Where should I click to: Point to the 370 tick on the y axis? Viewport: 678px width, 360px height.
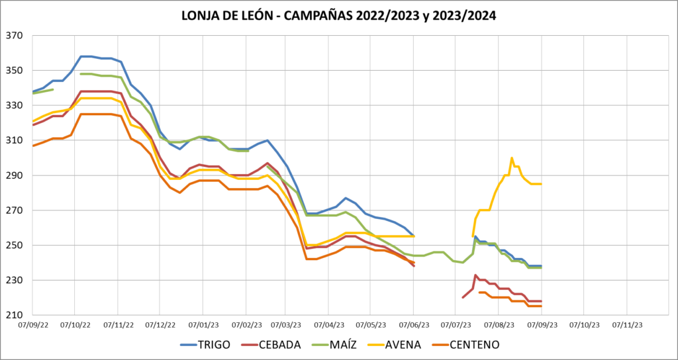click(x=14, y=36)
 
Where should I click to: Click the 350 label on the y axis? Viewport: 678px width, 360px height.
click(x=14, y=71)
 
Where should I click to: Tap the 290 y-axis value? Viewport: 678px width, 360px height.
click(x=14, y=175)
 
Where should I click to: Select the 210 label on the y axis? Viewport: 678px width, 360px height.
click(x=14, y=315)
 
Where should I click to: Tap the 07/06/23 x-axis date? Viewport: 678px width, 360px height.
click(x=413, y=326)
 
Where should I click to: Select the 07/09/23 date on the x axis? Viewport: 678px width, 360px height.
click(x=541, y=326)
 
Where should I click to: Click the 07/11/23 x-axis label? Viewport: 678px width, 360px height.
click(x=626, y=326)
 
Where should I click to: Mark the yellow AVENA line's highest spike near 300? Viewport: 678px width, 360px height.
click(x=512, y=158)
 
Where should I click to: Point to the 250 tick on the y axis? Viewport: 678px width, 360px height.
click(x=14, y=246)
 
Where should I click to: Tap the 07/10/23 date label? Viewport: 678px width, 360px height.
click(x=583, y=326)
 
